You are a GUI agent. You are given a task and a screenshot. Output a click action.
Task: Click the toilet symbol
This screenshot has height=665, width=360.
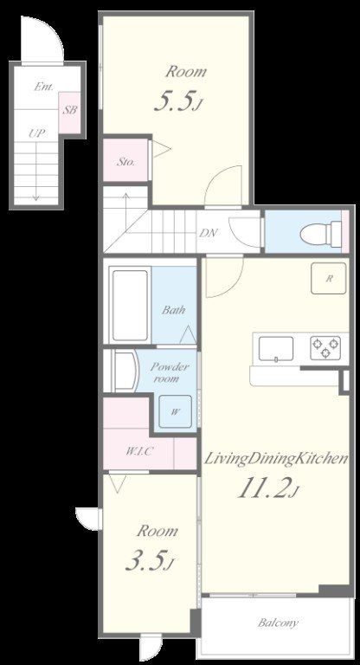[x=321, y=231]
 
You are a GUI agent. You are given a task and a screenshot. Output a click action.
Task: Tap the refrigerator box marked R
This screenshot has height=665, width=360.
[x=328, y=278]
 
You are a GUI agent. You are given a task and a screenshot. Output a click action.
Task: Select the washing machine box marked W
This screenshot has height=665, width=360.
[x=175, y=411]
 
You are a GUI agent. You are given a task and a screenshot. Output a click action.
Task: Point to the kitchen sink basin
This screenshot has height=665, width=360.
[x=275, y=349]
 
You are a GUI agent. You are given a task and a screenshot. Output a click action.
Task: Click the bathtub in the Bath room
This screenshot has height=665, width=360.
[x=130, y=305]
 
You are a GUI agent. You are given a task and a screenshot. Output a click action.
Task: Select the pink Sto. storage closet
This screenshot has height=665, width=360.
[x=126, y=160]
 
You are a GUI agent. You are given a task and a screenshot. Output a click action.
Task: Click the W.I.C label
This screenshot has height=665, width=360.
[x=138, y=451]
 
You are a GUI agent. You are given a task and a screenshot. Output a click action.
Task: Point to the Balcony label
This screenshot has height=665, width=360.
[x=278, y=623]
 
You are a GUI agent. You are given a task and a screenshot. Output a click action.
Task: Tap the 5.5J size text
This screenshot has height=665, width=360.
[x=177, y=102]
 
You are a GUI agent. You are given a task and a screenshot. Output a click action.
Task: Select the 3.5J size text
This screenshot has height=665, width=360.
[x=150, y=562]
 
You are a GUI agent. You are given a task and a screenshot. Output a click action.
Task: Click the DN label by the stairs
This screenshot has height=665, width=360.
[x=209, y=232]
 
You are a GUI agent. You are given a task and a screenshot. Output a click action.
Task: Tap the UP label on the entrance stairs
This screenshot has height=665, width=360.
[x=37, y=133]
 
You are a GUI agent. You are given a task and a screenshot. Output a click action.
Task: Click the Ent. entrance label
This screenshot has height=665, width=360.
[x=43, y=87]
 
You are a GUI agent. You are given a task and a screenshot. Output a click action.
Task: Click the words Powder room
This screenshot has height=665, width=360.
[x=170, y=373]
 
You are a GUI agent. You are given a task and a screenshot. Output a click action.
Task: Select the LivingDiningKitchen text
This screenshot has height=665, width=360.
[x=276, y=459]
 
